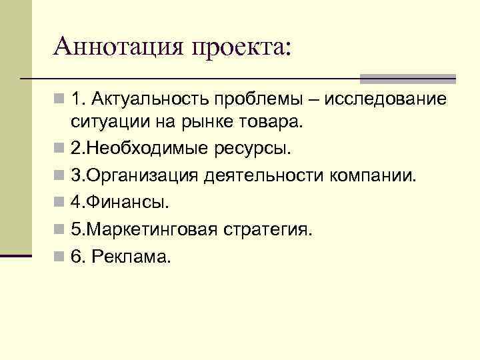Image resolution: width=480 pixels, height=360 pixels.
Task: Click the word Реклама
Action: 131,257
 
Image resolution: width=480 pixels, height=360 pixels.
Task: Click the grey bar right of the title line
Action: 407,78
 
